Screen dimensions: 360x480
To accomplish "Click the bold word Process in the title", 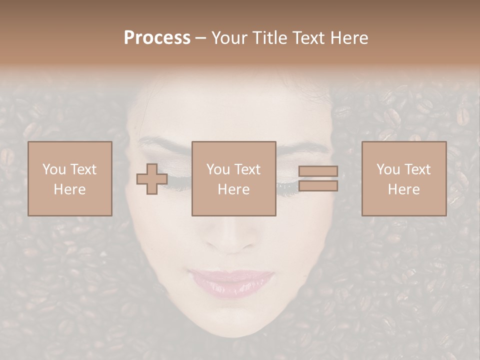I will [x=157, y=38].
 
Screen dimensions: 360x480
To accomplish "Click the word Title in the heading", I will [x=268, y=38].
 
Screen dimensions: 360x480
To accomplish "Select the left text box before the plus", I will [x=69, y=178].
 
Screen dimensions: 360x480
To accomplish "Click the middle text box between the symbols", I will [x=233, y=178].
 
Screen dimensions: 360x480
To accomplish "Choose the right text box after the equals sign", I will [x=403, y=178].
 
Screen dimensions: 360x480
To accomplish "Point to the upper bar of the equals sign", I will [x=318, y=171].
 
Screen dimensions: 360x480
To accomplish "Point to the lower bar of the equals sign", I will [x=318, y=186].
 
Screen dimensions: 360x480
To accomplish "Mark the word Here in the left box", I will [x=69, y=189].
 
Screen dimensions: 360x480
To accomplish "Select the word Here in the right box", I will [x=403, y=189].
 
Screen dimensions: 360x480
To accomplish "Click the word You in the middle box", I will [x=218, y=169].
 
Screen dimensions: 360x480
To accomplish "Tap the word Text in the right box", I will [x=418, y=169].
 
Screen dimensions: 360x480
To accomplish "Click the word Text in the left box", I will [x=84, y=169].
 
